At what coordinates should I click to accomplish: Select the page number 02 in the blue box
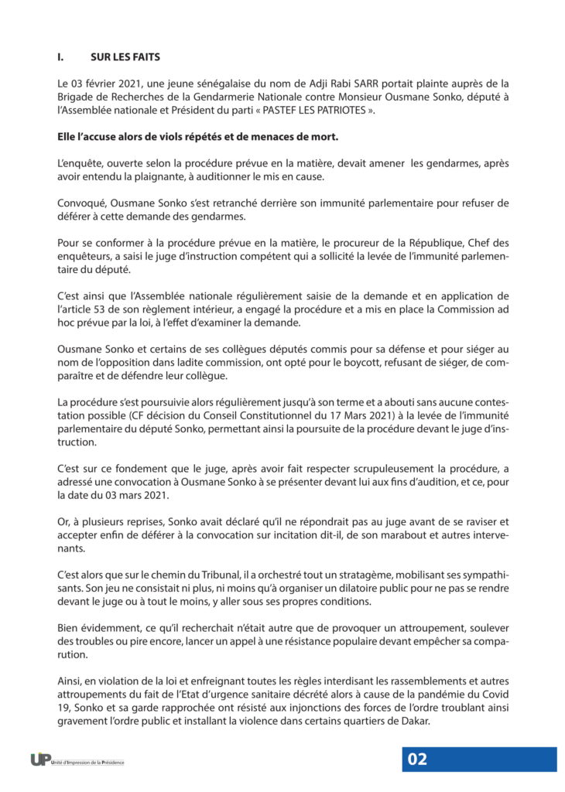coord(417,759)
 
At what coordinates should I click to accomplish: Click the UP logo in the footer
coord(41,760)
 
